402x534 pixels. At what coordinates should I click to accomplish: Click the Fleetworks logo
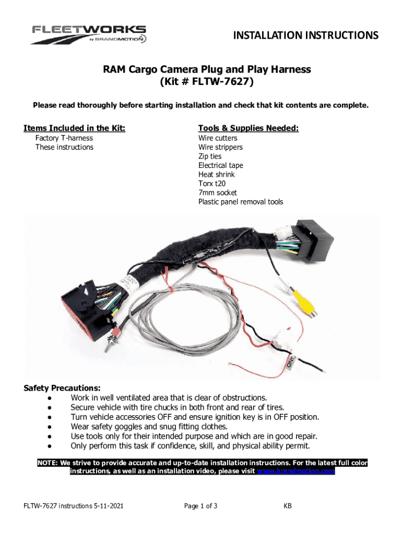pyautogui.click(x=89, y=34)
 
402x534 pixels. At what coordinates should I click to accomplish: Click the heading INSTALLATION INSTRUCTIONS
pyautogui.click(x=305, y=35)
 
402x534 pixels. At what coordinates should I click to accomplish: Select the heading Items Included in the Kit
pyautogui.click(x=75, y=128)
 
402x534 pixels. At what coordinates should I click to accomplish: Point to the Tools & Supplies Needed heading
pyautogui.click(x=249, y=128)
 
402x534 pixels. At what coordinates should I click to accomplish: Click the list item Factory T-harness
pyautogui.click(x=64, y=138)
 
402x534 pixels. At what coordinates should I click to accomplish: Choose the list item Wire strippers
pyautogui.click(x=220, y=147)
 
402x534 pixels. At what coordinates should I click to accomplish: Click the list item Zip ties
pyautogui.click(x=210, y=156)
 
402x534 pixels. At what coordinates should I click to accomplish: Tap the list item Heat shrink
pyautogui.click(x=217, y=174)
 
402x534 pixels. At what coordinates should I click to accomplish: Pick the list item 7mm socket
pyautogui.click(x=217, y=192)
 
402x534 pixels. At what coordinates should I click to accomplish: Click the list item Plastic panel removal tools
pyautogui.click(x=241, y=202)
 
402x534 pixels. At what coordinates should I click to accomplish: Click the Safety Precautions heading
pyautogui.click(x=62, y=388)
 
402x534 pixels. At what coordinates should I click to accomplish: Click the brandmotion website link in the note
pyautogui.click(x=297, y=471)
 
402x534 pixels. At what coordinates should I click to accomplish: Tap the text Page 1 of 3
pyautogui.click(x=201, y=506)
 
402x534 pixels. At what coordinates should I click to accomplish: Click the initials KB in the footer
pyautogui.click(x=288, y=506)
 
